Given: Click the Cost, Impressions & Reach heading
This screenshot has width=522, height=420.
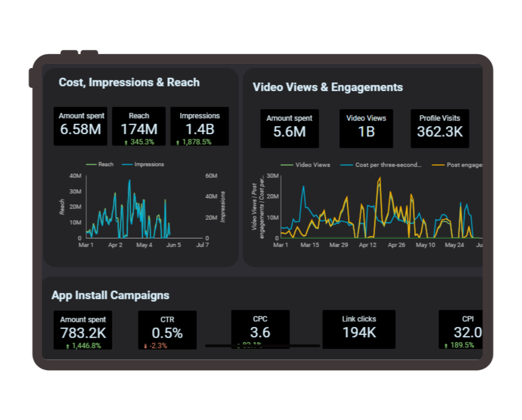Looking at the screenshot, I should tap(129, 82).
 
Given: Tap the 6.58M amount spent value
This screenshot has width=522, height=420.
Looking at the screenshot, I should tap(80, 130).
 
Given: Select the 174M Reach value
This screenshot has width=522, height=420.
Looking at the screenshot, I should tap(139, 130).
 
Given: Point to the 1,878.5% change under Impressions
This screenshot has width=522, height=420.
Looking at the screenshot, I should tap(196, 142).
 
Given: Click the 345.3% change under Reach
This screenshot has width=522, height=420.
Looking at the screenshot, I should tap(142, 142).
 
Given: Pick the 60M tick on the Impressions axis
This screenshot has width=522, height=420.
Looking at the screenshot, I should tap(211, 176).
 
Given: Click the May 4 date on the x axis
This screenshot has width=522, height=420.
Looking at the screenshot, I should tap(144, 245).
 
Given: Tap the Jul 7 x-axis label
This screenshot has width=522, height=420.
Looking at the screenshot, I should tap(202, 245).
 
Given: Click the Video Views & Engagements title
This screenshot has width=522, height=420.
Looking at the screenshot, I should tap(328, 87).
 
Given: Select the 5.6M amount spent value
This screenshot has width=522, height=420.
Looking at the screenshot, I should tap(289, 132).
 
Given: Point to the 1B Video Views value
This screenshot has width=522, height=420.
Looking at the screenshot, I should tap(366, 132).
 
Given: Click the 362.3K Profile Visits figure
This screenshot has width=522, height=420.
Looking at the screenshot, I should tap(440, 132).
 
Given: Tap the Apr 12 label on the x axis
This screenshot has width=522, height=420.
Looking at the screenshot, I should tap(367, 245).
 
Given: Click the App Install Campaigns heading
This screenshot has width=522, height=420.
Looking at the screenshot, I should tap(110, 295).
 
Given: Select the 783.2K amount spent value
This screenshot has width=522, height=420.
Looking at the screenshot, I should tap(83, 333).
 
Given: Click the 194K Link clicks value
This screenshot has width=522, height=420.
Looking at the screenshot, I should tap(359, 333).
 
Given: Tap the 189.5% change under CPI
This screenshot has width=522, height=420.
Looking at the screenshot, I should tap(462, 345).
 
